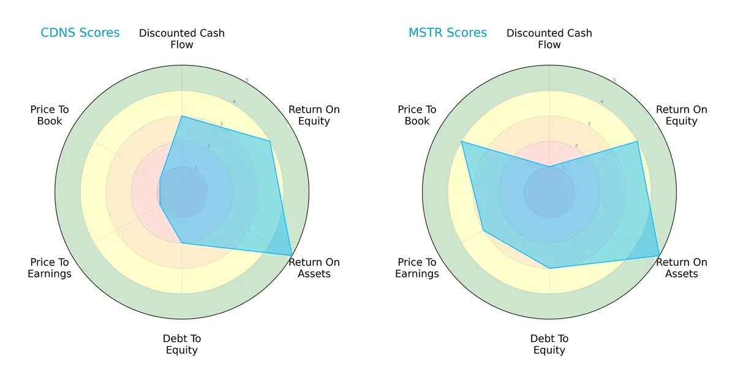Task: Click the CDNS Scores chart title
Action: (80, 33)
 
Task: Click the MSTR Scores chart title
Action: (447, 33)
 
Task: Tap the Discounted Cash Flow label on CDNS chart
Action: (182, 39)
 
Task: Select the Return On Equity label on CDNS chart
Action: (314, 115)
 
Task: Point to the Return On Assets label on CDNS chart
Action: (314, 268)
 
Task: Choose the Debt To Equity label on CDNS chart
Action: (182, 344)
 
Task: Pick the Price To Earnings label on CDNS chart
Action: (50, 268)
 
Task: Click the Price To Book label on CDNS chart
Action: (50, 115)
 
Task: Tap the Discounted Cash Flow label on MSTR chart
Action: (549, 39)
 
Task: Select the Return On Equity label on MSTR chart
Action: (681, 115)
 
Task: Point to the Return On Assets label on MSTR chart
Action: (681, 268)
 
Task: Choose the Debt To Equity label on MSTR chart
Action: (549, 344)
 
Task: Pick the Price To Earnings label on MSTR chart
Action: (417, 268)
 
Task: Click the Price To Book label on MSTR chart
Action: (417, 115)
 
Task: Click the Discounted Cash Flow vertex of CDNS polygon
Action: (182, 116)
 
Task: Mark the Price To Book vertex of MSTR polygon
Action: (462, 142)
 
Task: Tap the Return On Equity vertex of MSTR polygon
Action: (637, 142)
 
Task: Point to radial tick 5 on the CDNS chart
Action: (247, 80)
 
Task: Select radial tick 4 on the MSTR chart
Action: (601, 102)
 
